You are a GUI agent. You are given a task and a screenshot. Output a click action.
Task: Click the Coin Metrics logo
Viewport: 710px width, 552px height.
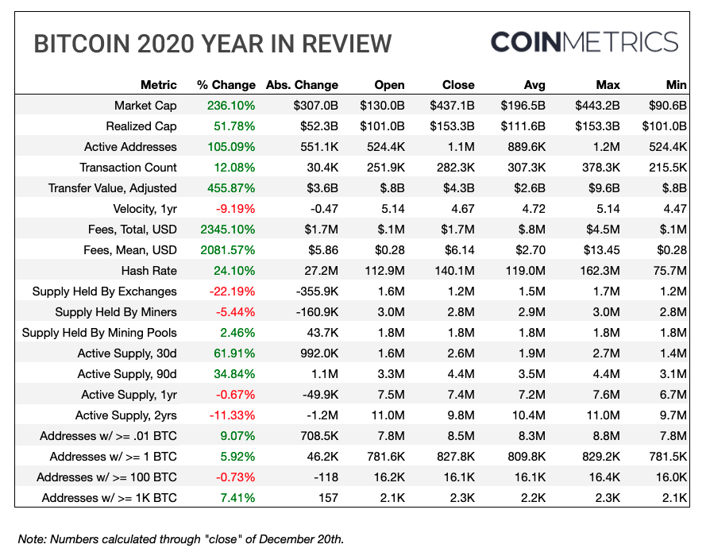point(584,42)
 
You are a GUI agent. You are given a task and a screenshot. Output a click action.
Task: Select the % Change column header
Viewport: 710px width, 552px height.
point(226,85)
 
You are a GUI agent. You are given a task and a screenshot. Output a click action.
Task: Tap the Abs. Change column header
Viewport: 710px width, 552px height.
point(302,85)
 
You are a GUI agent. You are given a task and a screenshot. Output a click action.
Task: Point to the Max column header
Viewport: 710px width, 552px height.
point(608,85)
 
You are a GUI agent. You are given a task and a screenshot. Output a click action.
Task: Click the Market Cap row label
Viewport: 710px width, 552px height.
point(145,106)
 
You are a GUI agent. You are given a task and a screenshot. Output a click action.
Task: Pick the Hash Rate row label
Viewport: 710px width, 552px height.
point(149,271)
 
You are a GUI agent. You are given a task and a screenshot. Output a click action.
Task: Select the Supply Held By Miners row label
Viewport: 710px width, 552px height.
point(116,312)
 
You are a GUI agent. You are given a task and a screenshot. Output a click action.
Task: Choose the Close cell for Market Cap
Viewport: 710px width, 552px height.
point(452,106)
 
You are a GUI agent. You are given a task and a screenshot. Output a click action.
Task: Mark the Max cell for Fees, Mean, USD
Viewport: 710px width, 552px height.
point(601,250)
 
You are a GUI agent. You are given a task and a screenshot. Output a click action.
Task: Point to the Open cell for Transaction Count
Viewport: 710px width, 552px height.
point(384,168)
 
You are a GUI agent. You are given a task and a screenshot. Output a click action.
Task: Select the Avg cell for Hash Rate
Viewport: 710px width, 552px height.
point(524,271)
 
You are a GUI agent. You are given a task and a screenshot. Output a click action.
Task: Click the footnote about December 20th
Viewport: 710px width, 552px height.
point(181,539)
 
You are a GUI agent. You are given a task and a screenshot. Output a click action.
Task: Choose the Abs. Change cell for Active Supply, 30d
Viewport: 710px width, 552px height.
point(316,353)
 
